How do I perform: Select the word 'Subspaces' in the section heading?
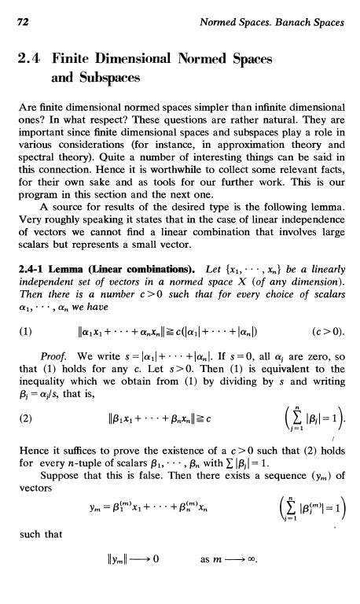(x=107, y=79)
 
